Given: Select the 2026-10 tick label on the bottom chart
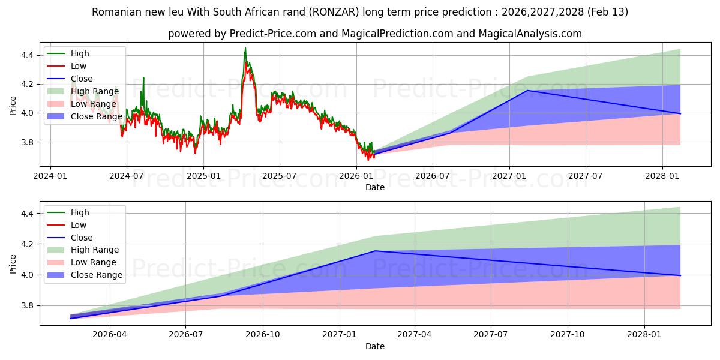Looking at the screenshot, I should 263,335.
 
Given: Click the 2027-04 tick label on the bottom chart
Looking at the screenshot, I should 415,335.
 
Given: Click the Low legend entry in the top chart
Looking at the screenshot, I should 79,66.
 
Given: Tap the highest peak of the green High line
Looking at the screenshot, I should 245,48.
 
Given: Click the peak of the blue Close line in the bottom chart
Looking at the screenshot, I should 376,251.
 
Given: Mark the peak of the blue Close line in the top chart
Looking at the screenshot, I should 527,91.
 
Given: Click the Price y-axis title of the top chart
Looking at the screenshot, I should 13,105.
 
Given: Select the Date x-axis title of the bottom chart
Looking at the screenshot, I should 375,346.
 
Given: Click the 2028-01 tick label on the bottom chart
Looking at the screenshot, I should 644,335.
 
